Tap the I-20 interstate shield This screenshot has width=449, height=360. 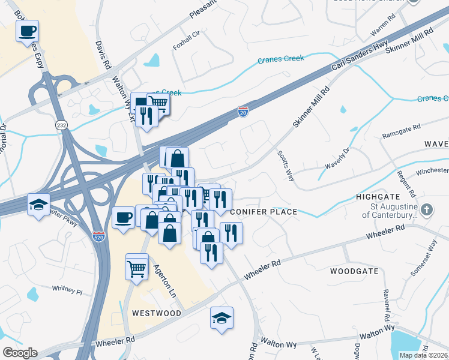click(243, 113)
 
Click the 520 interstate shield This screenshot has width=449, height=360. click(98, 237)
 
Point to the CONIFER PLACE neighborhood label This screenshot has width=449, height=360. click(264, 212)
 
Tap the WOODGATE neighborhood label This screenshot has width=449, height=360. click(354, 271)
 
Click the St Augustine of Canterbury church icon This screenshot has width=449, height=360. click(426, 210)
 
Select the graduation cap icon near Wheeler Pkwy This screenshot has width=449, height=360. click(38, 205)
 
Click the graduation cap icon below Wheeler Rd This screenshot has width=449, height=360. click(221, 317)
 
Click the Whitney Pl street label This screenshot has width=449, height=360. click(67, 290)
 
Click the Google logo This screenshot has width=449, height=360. click(20, 353)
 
